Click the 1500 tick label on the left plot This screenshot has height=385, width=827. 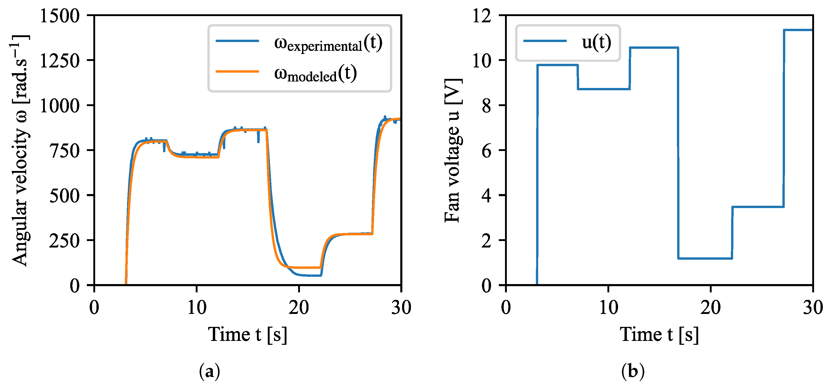[x=59, y=15]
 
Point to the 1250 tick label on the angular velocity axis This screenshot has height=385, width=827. [x=59, y=60]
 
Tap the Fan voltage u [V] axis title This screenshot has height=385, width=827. [x=453, y=150]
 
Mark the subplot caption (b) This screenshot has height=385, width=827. [x=633, y=372]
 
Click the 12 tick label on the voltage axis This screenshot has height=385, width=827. [x=482, y=15]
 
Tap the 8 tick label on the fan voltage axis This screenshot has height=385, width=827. [x=486, y=105]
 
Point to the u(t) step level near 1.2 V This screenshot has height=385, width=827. [x=705, y=258]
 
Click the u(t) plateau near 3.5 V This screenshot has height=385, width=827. [x=758, y=207]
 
